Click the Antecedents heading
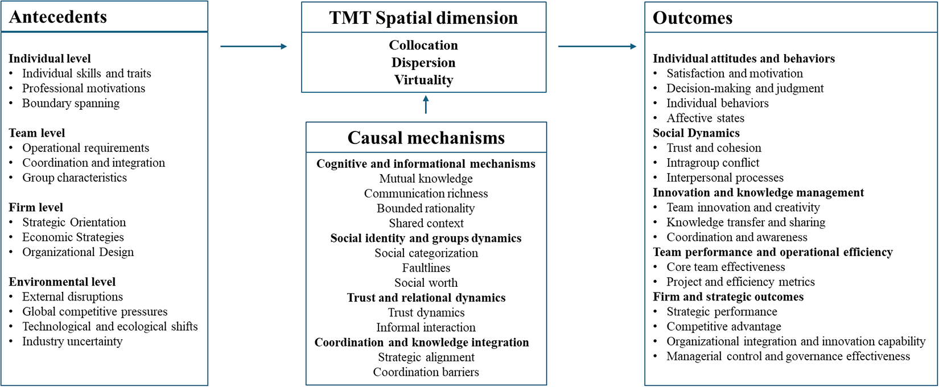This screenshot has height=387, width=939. [x=58, y=17]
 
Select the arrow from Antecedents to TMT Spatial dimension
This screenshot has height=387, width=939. [x=254, y=47]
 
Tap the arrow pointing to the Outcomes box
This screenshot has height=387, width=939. [x=598, y=47]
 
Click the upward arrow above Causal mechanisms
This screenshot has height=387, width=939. [x=426, y=104]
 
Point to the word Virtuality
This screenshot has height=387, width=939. [x=423, y=80]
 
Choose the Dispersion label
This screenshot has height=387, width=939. [x=423, y=63]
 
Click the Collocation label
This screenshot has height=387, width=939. [x=423, y=45]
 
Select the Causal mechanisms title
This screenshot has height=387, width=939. [x=426, y=138]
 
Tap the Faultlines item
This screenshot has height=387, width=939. [x=426, y=267]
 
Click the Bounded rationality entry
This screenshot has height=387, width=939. [x=426, y=208]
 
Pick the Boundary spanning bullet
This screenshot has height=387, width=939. [x=71, y=103]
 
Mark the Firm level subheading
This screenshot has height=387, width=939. [x=36, y=207]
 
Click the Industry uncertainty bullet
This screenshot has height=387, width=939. [x=72, y=341]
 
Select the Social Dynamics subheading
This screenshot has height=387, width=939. [x=696, y=133]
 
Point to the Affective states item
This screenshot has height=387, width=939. [x=706, y=118]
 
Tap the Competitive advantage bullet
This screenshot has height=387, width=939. [x=724, y=326]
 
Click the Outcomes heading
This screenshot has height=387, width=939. [x=693, y=18]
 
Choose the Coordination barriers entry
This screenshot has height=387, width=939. [x=426, y=372]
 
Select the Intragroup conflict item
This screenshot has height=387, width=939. [x=713, y=163]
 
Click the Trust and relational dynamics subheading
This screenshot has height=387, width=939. [x=426, y=297]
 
